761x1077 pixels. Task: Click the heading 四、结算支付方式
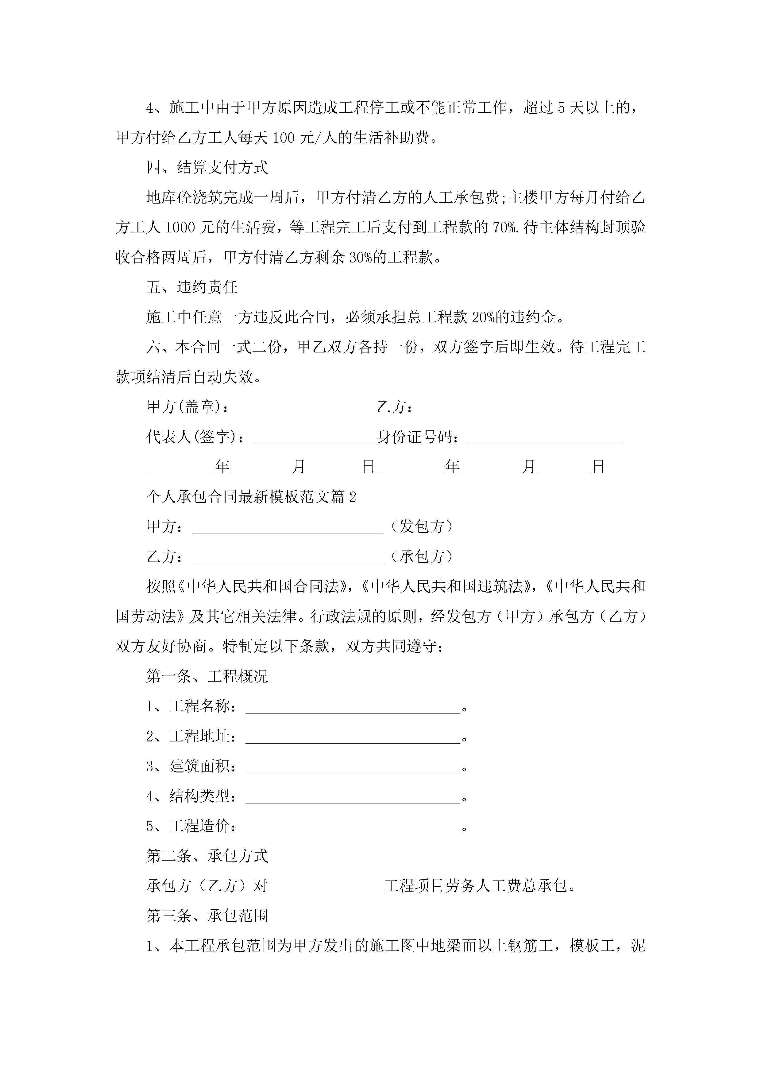(x=207, y=167)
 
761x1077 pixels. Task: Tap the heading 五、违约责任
(x=192, y=287)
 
